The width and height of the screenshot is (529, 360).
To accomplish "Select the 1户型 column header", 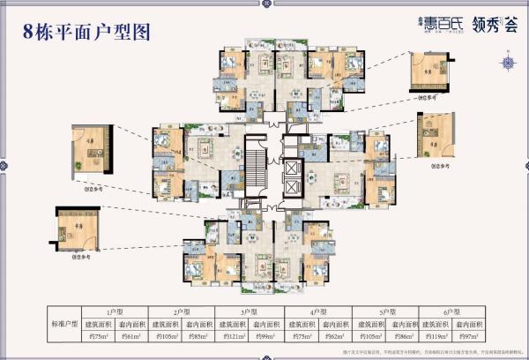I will pos(114,311).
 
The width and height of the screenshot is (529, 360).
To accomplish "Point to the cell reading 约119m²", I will pos(438,336).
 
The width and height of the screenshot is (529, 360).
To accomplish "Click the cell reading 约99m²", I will pos(267,336).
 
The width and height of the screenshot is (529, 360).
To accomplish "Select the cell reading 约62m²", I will pos(335,336).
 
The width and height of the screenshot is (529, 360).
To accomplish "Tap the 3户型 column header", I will pos(250,311).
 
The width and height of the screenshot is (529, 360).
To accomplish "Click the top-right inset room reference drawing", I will pos(429,70).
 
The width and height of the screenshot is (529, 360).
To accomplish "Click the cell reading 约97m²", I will pos(473,336).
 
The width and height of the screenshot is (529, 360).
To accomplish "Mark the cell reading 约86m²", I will pos(404,336).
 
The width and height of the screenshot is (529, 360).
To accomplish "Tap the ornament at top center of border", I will pos(264,7).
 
